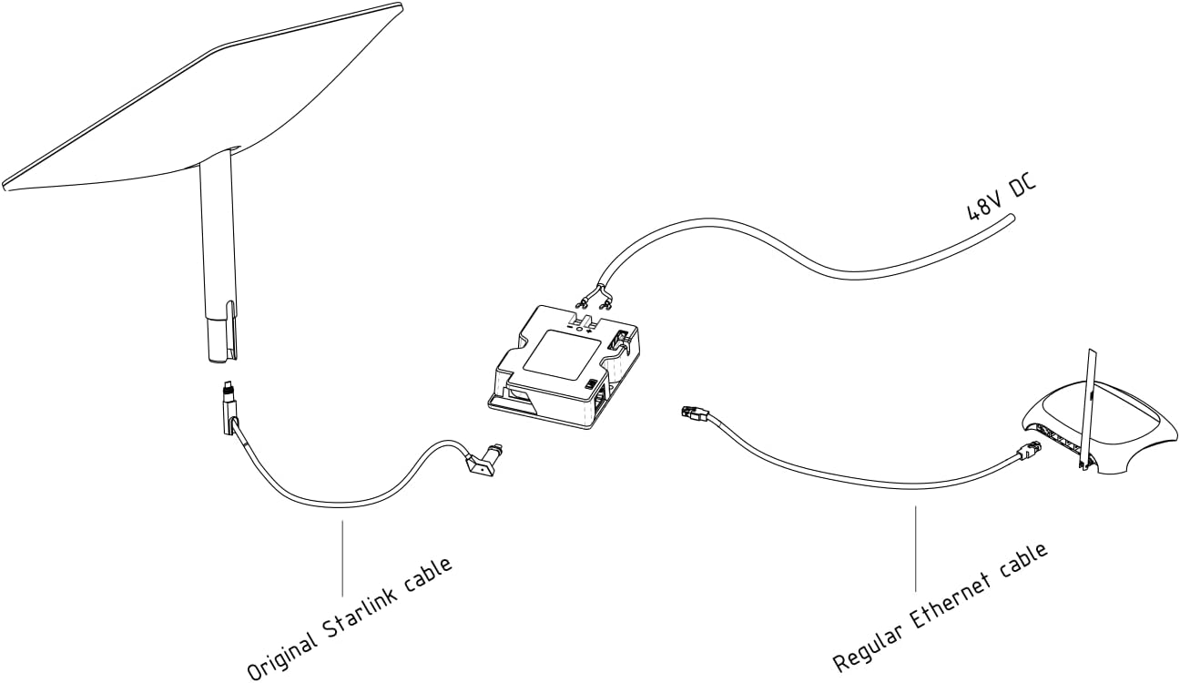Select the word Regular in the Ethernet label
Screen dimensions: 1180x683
coord(867,650)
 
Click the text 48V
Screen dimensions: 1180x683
coord(983,203)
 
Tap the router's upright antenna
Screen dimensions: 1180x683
coord(1087,409)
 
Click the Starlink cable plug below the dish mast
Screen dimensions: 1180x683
coord(229,407)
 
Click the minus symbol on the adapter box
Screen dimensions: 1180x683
coord(570,327)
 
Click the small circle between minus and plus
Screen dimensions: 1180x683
coord(578,329)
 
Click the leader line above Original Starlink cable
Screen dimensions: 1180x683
coord(343,558)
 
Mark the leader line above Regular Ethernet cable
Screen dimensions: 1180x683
coord(916,548)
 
